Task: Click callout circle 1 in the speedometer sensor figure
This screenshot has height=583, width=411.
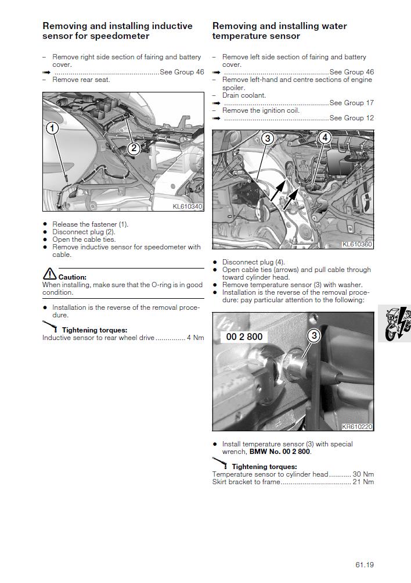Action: click(x=52, y=128)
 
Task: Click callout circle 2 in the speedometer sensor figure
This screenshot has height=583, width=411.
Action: click(x=134, y=149)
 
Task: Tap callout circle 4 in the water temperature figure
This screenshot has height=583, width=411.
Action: click(x=325, y=137)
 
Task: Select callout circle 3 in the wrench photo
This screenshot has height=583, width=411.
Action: click(x=314, y=336)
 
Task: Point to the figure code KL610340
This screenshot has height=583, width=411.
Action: click(x=188, y=206)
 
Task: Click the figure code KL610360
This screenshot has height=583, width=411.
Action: click(x=357, y=244)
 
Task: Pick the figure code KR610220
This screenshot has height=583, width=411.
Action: click(x=357, y=427)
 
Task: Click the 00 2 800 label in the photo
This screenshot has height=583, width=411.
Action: click(x=244, y=337)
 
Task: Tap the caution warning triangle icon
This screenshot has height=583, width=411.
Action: click(x=49, y=274)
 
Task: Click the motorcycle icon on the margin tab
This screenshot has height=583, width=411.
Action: click(x=398, y=324)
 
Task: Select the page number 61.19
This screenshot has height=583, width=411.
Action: click(x=365, y=565)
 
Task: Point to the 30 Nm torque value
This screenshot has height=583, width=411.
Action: click(x=363, y=474)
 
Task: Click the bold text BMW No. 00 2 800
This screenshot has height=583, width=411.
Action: click(x=280, y=452)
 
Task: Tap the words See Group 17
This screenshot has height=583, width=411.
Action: click(x=352, y=103)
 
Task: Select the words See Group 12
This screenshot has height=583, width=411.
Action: click(x=352, y=118)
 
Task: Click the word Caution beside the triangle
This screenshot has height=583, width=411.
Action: click(x=73, y=277)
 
